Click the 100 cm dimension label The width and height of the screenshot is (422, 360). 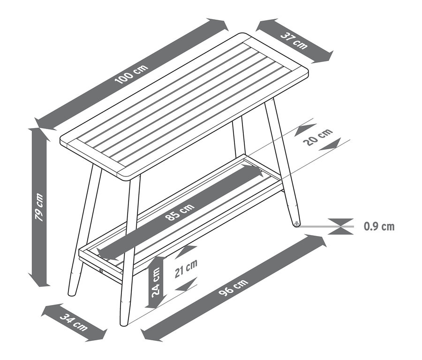point(132,74)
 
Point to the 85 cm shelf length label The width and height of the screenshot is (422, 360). point(180,214)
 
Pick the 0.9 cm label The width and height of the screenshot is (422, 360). point(379,227)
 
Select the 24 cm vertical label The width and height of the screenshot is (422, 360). point(155,282)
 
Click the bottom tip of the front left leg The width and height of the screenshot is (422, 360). point(72,294)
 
